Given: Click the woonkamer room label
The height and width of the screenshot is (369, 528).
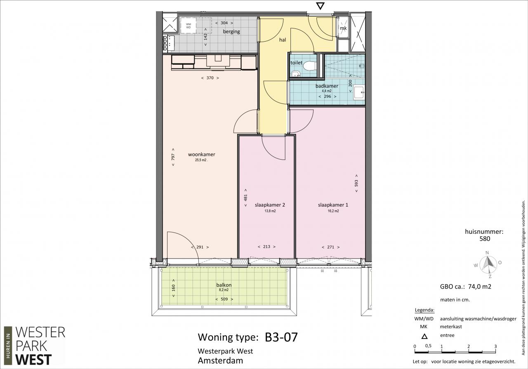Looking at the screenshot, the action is pyautogui.click(x=202, y=155).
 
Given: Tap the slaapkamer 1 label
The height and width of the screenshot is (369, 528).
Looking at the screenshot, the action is pyautogui.click(x=333, y=205).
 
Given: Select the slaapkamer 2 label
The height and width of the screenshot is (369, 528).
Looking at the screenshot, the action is pyautogui.click(x=270, y=205).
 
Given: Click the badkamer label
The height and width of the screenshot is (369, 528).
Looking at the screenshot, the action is pyautogui.click(x=327, y=86).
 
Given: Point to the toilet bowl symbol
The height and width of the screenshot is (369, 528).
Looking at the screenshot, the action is pyautogui.click(x=310, y=66).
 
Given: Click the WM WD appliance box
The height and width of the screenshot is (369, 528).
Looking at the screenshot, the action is pyautogui.click(x=189, y=26).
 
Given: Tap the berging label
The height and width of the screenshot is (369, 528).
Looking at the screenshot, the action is pyautogui.click(x=231, y=32).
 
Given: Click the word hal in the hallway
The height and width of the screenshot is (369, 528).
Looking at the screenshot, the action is pyautogui.click(x=283, y=40).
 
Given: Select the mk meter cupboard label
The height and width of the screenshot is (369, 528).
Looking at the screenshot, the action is pyautogui.click(x=343, y=28).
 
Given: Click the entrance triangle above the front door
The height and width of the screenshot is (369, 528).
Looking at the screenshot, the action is pyautogui.click(x=320, y=6).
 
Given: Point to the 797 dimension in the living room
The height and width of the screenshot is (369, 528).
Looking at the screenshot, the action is pyautogui.click(x=173, y=157).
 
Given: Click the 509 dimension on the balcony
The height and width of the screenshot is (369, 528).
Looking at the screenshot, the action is pyautogui.click(x=224, y=299).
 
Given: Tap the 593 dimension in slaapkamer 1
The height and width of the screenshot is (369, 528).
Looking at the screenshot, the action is pyautogui.click(x=356, y=183).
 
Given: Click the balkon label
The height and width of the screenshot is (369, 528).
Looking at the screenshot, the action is pyautogui.click(x=224, y=285).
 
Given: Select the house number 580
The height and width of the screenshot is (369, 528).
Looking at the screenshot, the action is pyautogui.click(x=485, y=239).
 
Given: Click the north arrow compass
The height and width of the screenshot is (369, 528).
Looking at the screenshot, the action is pyautogui.click(x=488, y=264).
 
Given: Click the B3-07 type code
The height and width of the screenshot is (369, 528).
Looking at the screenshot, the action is pyautogui.click(x=281, y=337).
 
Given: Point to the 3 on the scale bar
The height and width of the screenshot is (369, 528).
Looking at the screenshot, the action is pyautogui.click(x=495, y=346).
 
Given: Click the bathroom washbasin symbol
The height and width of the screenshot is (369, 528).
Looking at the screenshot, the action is pyautogui.click(x=359, y=92).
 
